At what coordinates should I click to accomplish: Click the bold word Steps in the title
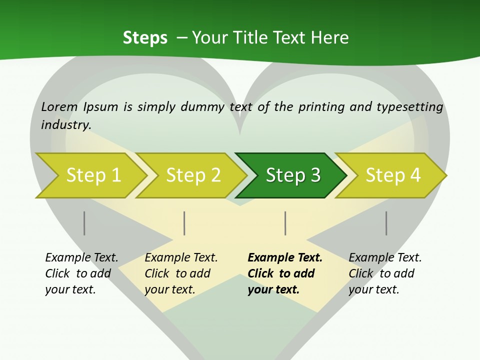tap(145, 38)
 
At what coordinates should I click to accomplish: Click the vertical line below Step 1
tap(84, 223)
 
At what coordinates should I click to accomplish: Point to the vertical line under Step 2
tap(184, 223)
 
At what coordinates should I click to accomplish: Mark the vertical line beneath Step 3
tap(285, 223)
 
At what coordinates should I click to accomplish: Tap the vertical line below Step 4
tap(386, 223)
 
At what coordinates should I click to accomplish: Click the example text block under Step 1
tap(81, 273)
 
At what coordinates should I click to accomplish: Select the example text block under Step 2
tap(181, 273)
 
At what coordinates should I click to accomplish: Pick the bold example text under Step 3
tap(285, 273)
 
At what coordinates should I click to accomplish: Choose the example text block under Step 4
tap(385, 273)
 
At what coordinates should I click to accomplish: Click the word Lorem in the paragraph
tap(59, 107)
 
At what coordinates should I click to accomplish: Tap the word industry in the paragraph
tap(66, 125)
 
